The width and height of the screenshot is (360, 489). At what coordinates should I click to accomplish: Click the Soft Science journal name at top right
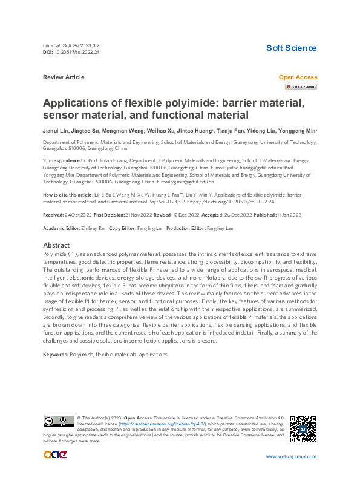(291, 48)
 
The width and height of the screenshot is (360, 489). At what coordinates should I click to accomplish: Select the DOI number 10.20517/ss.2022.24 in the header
(78, 53)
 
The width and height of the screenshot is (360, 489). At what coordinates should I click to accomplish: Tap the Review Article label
(64, 77)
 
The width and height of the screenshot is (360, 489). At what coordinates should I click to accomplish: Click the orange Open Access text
(297, 77)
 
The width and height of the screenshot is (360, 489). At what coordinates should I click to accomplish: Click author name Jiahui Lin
(55, 131)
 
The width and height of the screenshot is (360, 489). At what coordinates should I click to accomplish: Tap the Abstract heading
(56, 245)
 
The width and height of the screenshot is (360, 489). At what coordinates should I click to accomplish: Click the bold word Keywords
(56, 353)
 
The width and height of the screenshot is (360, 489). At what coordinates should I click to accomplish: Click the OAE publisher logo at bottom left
(55, 455)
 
